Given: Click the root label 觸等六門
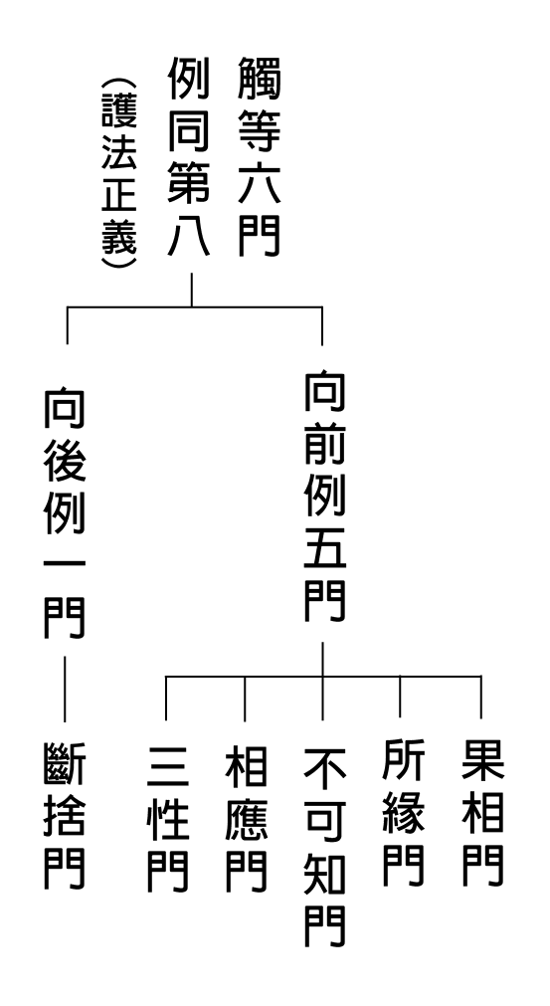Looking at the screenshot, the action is [259, 156].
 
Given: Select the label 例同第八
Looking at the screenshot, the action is [189, 156].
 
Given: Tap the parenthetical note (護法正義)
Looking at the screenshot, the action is [119, 173].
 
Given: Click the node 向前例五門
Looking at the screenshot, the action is [324, 498].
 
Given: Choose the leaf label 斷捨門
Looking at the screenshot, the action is [64, 816].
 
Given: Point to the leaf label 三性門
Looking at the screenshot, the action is [168, 819].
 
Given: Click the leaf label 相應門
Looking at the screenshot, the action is [246, 819].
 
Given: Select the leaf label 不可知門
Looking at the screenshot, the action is [324, 846].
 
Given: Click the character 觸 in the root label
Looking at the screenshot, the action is [259, 78].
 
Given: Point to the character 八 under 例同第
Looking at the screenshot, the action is [189, 235].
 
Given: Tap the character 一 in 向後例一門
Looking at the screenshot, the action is [64, 564].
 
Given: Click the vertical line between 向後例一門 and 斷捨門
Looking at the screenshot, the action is [64, 689].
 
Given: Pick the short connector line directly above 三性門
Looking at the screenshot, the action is [166, 699].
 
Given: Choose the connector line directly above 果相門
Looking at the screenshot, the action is [480, 697].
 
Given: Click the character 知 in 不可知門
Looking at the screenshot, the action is [324, 874].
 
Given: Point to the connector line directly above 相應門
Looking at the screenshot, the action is [245, 699].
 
